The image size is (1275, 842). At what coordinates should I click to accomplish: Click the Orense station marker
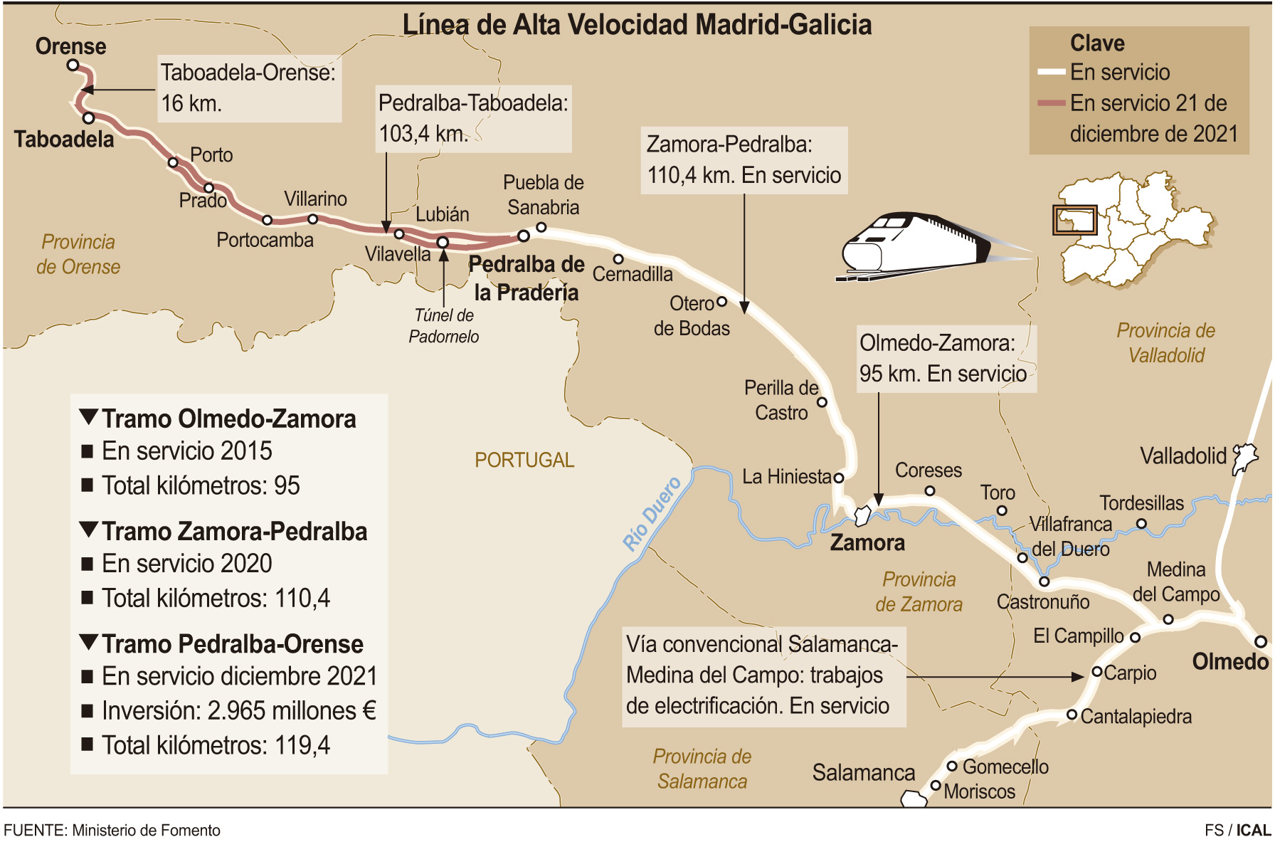(73, 65)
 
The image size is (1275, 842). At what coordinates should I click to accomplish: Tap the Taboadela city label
(64, 140)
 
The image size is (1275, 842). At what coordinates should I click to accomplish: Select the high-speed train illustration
(918, 246)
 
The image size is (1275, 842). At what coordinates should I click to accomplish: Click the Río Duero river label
(652, 514)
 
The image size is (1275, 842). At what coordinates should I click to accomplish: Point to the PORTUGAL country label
(524, 460)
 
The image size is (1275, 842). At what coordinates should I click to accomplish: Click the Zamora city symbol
(862, 515)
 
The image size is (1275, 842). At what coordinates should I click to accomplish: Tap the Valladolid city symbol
(1244, 458)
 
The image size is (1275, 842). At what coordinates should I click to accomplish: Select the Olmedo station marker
(1260, 641)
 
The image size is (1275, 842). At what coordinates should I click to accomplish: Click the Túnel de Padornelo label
(444, 326)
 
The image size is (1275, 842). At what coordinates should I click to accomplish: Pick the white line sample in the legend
(1051, 72)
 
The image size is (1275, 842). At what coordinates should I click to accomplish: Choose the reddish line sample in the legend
(1051, 103)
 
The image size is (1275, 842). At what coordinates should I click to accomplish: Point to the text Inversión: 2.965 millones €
(238, 710)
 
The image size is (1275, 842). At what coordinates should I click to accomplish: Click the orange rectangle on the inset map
(1074, 220)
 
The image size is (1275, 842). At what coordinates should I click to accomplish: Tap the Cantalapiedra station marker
(1072, 715)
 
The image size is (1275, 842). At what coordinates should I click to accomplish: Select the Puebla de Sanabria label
(544, 195)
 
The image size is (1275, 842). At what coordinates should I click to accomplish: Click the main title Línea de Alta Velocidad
(637, 25)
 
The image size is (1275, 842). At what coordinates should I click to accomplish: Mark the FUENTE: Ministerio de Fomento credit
(112, 830)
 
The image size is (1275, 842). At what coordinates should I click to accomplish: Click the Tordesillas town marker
(1141, 524)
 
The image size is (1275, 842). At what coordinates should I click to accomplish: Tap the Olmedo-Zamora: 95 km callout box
(946, 359)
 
